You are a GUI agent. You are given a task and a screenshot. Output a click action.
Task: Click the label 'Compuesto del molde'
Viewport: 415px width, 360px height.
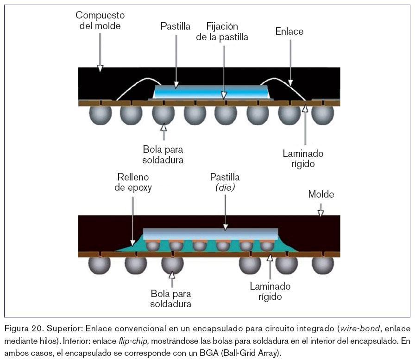[x=100, y=21]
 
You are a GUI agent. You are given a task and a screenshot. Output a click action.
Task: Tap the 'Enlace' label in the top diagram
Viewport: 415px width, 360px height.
[x=289, y=31]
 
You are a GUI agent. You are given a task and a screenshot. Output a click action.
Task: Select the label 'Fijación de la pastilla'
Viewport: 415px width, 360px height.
[x=222, y=31]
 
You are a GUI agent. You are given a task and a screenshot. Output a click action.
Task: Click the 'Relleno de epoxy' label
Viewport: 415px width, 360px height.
[x=134, y=182]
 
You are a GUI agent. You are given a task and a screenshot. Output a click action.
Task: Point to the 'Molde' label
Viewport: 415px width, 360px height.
[x=321, y=194]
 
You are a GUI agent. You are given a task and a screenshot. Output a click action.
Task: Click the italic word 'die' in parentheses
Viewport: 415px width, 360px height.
[x=225, y=187]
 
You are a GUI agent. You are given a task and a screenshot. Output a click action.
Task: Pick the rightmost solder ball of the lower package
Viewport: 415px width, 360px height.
[x=322, y=264]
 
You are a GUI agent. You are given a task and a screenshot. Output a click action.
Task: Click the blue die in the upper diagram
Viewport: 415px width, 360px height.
[x=211, y=92]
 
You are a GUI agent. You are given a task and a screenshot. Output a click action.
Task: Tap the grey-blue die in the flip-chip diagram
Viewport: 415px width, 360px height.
[x=211, y=234]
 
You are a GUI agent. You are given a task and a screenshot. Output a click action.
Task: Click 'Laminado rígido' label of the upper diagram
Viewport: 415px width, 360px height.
[x=303, y=158]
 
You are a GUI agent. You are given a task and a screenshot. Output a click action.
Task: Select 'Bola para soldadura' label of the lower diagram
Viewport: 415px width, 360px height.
[x=171, y=299]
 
